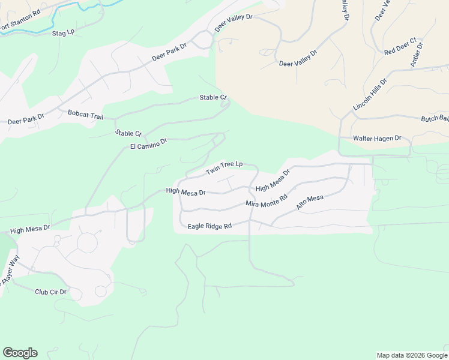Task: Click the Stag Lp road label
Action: [x=63, y=32]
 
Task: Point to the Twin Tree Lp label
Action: [x=224, y=168]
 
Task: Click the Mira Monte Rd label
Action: [x=267, y=200]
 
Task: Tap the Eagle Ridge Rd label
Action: [x=209, y=226]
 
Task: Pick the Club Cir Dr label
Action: [x=50, y=292]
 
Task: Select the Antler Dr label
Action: [x=417, y=55]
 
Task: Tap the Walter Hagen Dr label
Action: [x=377, y=139]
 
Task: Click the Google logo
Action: [x=20, y=353]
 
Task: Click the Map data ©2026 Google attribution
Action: [x=411, y=355]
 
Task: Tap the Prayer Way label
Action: [x=10, y=269]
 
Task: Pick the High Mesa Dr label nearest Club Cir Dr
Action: [x=30, y=229]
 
